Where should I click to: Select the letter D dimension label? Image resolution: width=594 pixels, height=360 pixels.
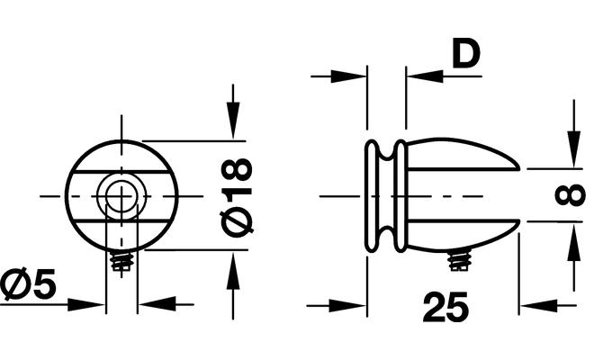[x=465, y=55]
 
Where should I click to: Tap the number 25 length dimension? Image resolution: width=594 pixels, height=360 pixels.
[x=445, y=309]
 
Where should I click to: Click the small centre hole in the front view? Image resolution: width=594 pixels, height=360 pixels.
[x=121, y=194]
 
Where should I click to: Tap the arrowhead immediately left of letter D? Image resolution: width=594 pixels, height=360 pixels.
[x=426, y=76]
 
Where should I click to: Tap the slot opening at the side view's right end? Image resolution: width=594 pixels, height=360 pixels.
[x=508, y=195]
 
